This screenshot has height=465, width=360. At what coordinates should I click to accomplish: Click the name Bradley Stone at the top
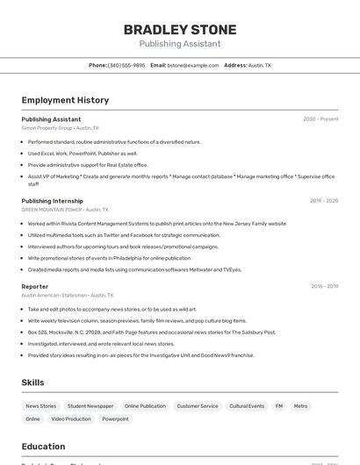[x=180, y=29]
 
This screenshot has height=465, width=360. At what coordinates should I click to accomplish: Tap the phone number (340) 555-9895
[x=126, y=65]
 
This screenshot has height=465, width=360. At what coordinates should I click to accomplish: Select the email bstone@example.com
[x=193, y=65]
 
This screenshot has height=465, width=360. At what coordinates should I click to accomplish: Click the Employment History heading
[x=65, y=100]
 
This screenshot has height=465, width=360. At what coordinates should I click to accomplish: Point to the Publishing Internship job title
[x=52, y=201]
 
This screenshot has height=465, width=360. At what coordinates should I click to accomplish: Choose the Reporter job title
[x=35, y=286]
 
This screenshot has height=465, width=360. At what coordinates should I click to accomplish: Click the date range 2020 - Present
[x=320, y=119]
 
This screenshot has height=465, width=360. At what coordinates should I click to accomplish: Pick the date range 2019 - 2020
[x=323, y=201]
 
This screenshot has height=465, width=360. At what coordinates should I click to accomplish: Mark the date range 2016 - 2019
[x=324, y=286]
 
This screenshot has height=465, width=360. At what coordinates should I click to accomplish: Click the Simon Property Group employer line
[x=60, y=128]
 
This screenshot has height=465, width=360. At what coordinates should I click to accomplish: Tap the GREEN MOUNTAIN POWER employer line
[x=64, y=210]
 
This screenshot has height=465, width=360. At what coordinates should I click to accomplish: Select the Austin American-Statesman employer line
[x=68, y=296]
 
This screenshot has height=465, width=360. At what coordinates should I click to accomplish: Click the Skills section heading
[x=32, y=383]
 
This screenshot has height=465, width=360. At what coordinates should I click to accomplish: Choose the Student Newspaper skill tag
[x=90, y=406]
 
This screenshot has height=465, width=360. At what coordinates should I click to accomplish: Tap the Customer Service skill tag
[x=198, y=406]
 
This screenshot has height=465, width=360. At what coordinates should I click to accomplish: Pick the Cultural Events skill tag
[x=247, y=406]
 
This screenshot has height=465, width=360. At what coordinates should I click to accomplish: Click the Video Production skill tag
[x=70, y=419]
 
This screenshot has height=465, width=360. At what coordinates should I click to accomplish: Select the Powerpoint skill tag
[x=115, y=419]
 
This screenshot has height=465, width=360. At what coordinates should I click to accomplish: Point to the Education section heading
[x=43, y=447]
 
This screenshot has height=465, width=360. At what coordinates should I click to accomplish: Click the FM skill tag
[x=279, y=406]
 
